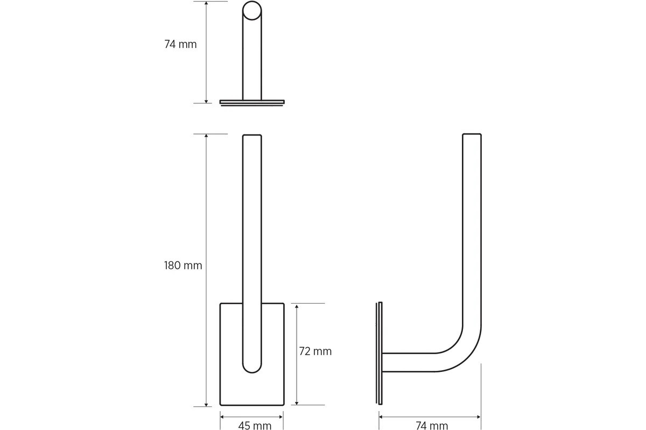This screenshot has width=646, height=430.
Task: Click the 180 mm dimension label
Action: point(183,266)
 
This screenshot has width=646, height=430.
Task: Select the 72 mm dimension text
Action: point(315,352)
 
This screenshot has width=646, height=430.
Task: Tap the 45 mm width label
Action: point(255,426)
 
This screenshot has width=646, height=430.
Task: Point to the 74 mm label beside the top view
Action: point(180,45)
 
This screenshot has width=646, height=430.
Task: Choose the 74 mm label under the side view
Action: point(432,426)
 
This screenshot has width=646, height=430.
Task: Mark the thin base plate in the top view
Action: point(252,102)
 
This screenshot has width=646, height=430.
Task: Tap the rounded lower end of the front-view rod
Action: point(252,365)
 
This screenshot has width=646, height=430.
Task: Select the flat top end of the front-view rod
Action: point(252,136)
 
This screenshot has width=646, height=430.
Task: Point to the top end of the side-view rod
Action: point(472,135)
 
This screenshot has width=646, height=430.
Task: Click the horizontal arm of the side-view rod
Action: point(409,362)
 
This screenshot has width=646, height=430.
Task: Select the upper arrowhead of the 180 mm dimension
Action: point(206,137)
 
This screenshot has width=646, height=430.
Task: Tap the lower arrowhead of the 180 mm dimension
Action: point(206,404)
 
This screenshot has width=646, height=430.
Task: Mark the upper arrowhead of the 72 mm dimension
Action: point(297,306)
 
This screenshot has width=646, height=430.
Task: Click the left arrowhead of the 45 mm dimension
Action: point(223,417)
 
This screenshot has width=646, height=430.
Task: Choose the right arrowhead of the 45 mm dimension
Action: point(281,417)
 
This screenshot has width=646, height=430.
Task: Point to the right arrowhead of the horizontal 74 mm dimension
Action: point(478,417)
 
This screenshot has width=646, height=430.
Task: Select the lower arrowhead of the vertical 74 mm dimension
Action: point(206,100)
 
